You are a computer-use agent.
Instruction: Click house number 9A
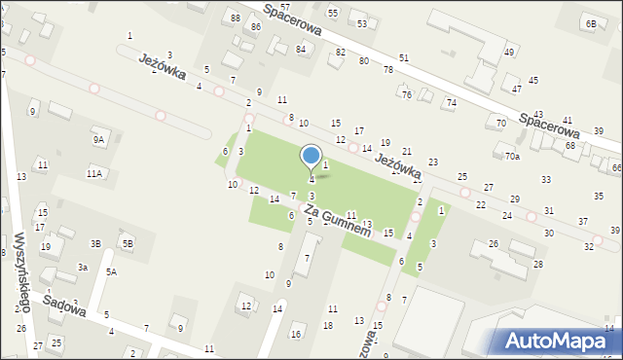pyautogui.click(x=98, y=139)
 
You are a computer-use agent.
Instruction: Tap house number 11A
pyautogui.click(x=93, y=173)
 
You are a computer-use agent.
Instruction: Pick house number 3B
pyautogui.click(x=96, y=243)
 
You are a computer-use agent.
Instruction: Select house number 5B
pyautogui.click(x=127, y=242)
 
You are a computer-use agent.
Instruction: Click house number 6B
pyautogui.click(x=591, y=22)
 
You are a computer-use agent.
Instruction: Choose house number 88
pyautogui.click(x=235, y=18)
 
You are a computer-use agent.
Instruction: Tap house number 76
pyautogui.click(x=407, y=94)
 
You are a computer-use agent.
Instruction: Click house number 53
pyautogui.click(x=362, y=23)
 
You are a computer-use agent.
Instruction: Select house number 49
pyautogui.click(x=508, y=52)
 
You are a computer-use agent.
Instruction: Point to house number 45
pyautogui.click(x=532, y=80)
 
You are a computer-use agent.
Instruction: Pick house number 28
pyautogui.click(x=538, y=265)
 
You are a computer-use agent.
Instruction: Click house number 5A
pyautogui.click(x=112, y=272)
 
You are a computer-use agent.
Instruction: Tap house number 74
pyautogui.click(x=451, y=102)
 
